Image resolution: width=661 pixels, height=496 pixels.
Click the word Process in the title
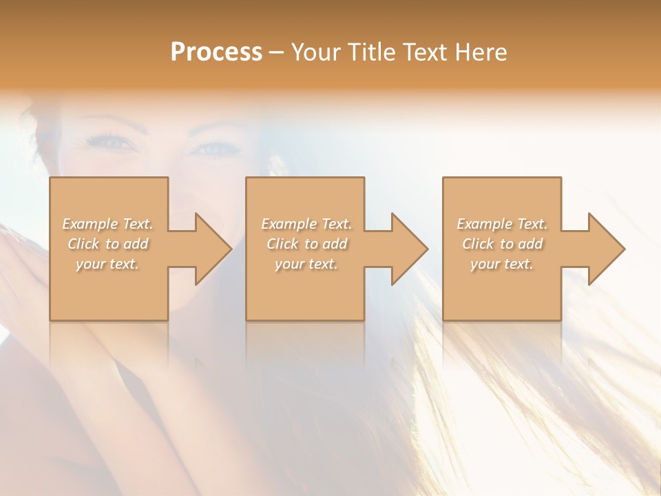click(x=216, y=52)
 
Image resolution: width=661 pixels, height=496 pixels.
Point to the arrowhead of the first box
click(x=211, y=249)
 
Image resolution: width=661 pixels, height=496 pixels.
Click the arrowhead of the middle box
click(x=408, y=249)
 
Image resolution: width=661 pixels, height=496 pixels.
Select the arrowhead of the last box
click(x=605, y=249)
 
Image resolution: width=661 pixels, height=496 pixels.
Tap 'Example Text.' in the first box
click(x=108, y=224)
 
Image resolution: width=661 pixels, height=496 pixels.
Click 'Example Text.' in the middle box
click(x=306, y=224)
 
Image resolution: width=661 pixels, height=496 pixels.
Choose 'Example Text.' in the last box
click(x=502, y=224)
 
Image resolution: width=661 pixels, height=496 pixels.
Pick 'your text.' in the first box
click(x=108, y=264)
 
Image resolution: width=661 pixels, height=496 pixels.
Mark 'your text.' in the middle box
click(x=306, y=264)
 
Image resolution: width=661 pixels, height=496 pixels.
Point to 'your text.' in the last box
click(x=502, y=264)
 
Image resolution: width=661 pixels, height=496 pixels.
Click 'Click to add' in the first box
click(x=108, y=244)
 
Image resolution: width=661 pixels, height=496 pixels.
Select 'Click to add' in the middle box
click(x=306, y=244)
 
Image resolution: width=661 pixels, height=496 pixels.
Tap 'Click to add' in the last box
click(x=502, y=244)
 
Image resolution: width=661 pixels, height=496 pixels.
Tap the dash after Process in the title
click(x=277, y=52)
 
